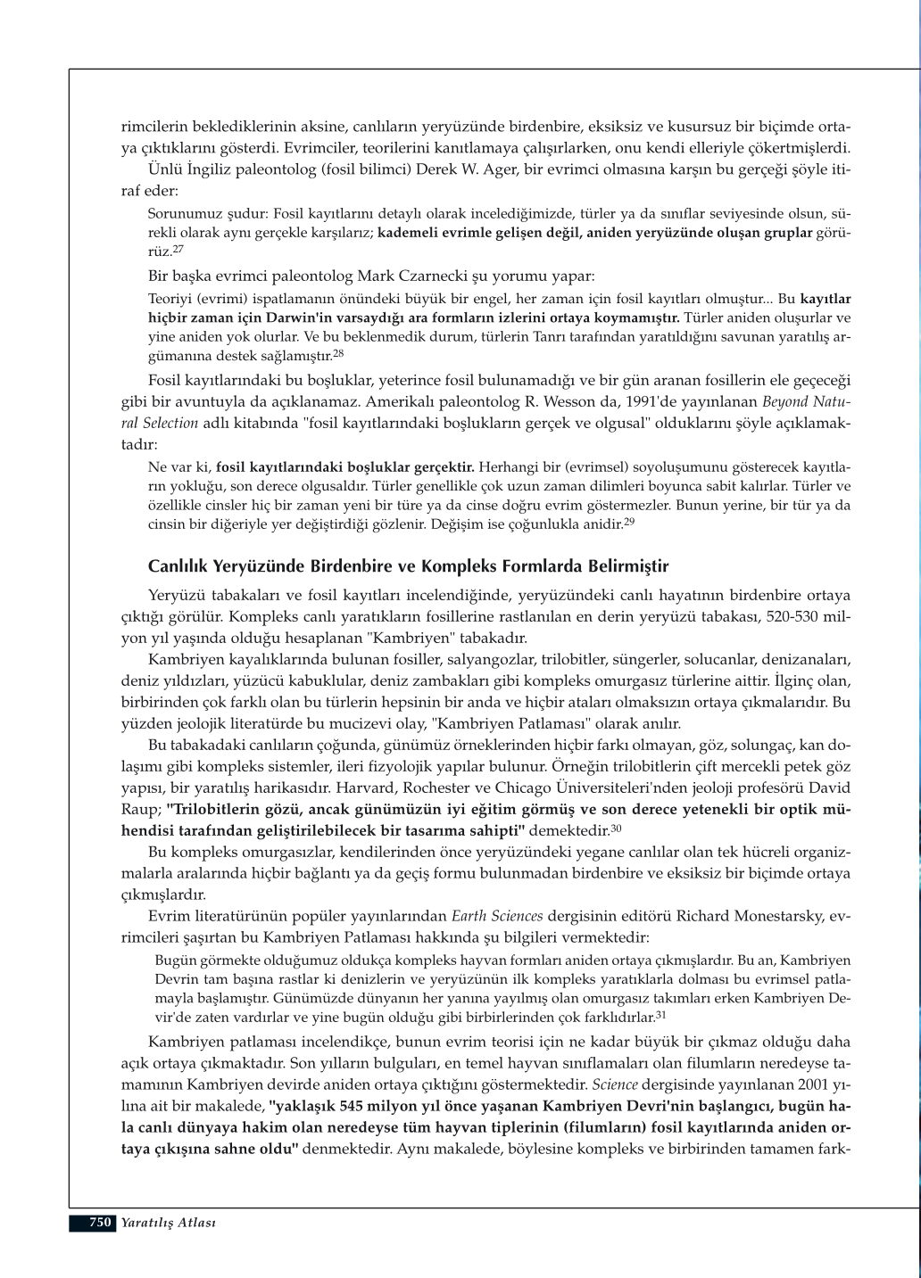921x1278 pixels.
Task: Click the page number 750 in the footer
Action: (100, 1223)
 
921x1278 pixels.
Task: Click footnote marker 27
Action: (178, 250)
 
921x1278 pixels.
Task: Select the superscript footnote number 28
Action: (338, 354)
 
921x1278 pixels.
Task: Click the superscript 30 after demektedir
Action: (616, 829)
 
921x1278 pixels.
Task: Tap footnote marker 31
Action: (661, 1014)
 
